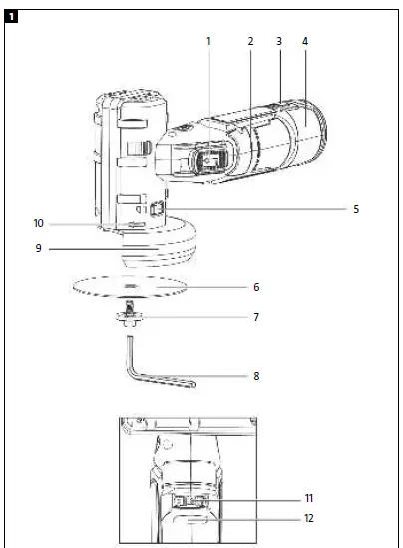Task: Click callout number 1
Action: pyautogui.click(x=209, y=41)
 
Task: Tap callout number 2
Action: pyautogui.click(x=250, y=41)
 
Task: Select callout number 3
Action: pyautogui.click(x=278, y=41)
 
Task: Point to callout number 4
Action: pyautogui.click(x=305, y=41)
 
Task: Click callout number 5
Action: pyautogui.click(x=355, y=210)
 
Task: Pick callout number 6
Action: pyautogui.click(x=256, y=287)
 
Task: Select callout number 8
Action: pyautogui.click(x=256, y=376)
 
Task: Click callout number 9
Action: pyautogui.click(x=38, y=248)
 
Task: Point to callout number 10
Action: pyautogui.click(x=38, y=222)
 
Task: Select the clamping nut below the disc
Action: pyautogui.click(x=130, y=318)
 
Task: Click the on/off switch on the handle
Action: pyautogui.click(x=212, y=160)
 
